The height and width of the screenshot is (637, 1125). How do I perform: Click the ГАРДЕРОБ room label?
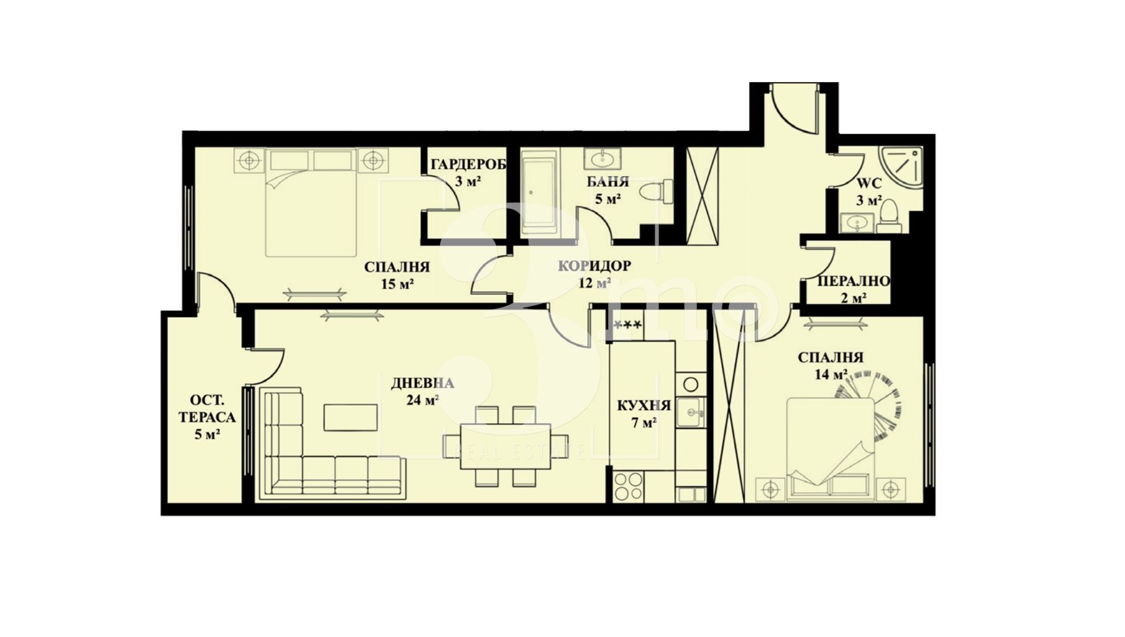(x=469, y=165)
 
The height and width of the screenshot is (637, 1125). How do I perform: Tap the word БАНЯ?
(x=608, y=182)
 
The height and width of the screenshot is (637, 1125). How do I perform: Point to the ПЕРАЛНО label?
(x=854, y=281)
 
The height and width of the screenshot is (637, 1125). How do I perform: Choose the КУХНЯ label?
(x=644, y=406)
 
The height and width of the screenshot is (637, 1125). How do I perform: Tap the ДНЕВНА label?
(x=422, y=383)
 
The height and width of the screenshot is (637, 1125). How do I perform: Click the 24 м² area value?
(x=423, y=400)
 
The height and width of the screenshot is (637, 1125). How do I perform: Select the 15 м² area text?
(x=397, y=283)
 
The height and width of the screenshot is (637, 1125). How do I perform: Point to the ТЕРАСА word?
(x=207, y=417)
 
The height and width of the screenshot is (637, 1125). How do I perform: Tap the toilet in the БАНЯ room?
(x=655, y=191)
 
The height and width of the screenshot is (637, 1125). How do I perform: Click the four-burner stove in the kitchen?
(x=627, y=486)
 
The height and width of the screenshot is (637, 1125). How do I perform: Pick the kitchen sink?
(x=690, y=412)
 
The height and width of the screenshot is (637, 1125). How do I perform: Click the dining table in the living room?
(x=497, y=446)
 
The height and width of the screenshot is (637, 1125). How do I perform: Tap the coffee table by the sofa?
(x=350, y=417)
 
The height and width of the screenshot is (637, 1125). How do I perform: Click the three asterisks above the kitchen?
(x=627, y=325)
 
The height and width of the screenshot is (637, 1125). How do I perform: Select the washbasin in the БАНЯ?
(x=601, y=157)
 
